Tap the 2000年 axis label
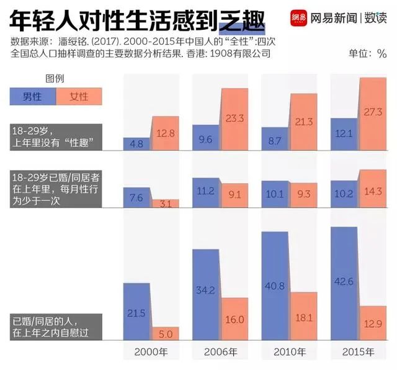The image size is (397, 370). pos(151,352)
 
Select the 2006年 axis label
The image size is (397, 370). pos(220,352)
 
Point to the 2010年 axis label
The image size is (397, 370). pos(290,352)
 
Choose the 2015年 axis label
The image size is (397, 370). pos(359,352)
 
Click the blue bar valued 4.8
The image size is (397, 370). pos(136,144)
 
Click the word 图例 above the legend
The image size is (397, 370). pos(55,79)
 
